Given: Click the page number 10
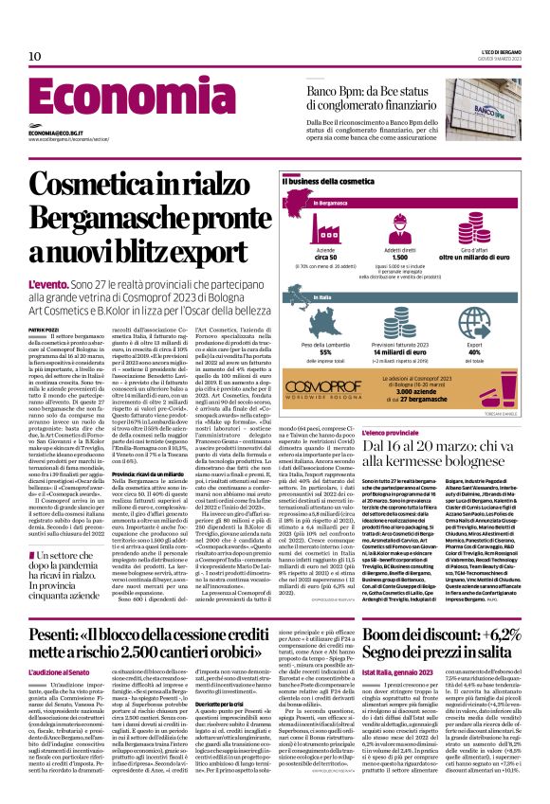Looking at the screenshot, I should click(x=35, y=57).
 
